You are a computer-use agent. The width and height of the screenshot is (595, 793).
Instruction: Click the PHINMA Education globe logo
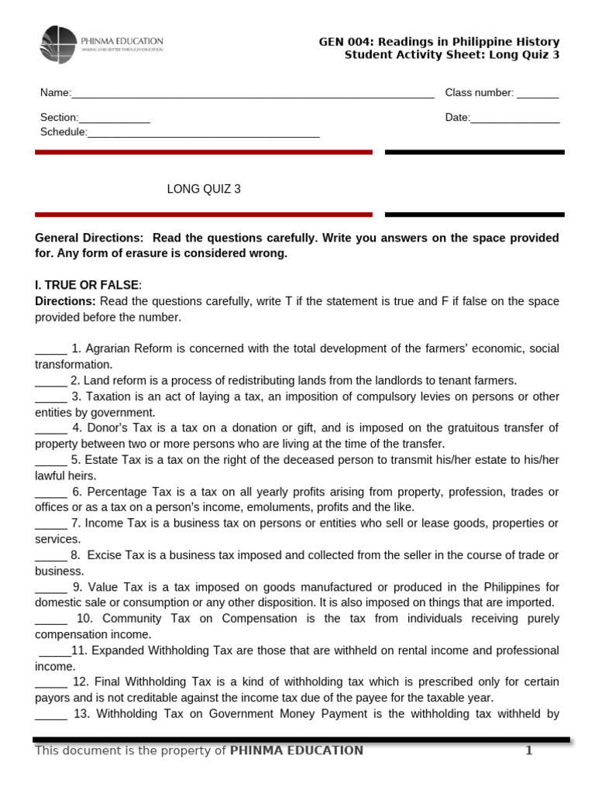pyautogui.click(x=59, y=44)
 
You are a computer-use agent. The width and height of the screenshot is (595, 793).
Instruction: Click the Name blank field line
pyautogui.click(x=252, y=95)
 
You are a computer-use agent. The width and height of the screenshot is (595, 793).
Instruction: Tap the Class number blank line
pyautogui.click(x=537, y=95)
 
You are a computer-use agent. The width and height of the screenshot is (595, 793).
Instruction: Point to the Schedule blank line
pyautogui.click(x=203, y=135)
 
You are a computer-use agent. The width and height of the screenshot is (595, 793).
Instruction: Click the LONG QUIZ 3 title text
pyautogui.click(x=204, y=189)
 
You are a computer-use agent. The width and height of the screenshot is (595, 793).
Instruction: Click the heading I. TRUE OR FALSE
pyautogui.click(x=87, y=285)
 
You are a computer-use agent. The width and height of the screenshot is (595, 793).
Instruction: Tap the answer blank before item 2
pyautogui.click(x=51, y=382)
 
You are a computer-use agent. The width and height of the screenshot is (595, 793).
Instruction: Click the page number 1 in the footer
pyautogui.click(x=529, y=750)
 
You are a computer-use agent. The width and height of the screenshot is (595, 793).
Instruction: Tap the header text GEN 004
pyautogui.click(x=344, y=41)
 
